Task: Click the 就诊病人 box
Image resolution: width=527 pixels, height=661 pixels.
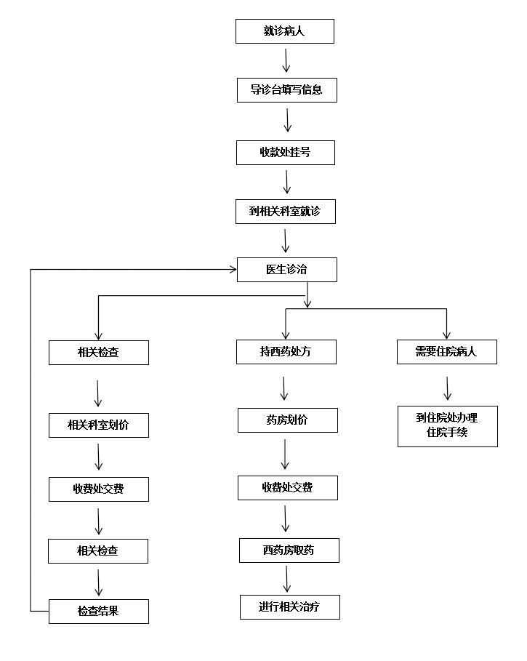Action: [285, 31]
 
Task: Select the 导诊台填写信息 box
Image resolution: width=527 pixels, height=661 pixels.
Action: [286, 91]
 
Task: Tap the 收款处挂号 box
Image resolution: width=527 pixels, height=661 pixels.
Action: [286, 152]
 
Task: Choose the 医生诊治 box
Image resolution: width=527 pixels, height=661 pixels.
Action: [286, 269]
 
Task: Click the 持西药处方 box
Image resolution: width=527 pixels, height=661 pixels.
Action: [287, 352]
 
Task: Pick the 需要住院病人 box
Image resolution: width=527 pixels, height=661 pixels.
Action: [446, 352]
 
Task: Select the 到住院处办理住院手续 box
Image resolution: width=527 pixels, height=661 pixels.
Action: [447, 426]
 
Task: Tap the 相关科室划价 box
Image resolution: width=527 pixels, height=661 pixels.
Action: [98, 425]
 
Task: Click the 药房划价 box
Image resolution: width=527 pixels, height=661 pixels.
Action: [287, 420]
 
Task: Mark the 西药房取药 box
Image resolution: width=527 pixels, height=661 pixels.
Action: [289, 550]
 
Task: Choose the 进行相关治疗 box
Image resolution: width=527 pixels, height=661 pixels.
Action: [289, 607]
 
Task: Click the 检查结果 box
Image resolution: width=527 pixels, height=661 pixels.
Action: [98, 612]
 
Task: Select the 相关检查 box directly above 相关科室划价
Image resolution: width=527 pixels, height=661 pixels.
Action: [98, 353]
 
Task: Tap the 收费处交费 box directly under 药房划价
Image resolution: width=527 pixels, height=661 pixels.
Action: [287, 488]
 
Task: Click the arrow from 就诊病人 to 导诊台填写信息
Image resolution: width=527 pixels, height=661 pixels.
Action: [286, 60]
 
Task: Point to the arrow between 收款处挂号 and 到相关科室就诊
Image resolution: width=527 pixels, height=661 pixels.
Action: [287, 182]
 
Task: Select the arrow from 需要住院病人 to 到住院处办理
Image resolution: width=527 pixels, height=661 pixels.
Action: [447, 387]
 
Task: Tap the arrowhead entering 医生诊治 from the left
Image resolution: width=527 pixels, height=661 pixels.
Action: [233, 270]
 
